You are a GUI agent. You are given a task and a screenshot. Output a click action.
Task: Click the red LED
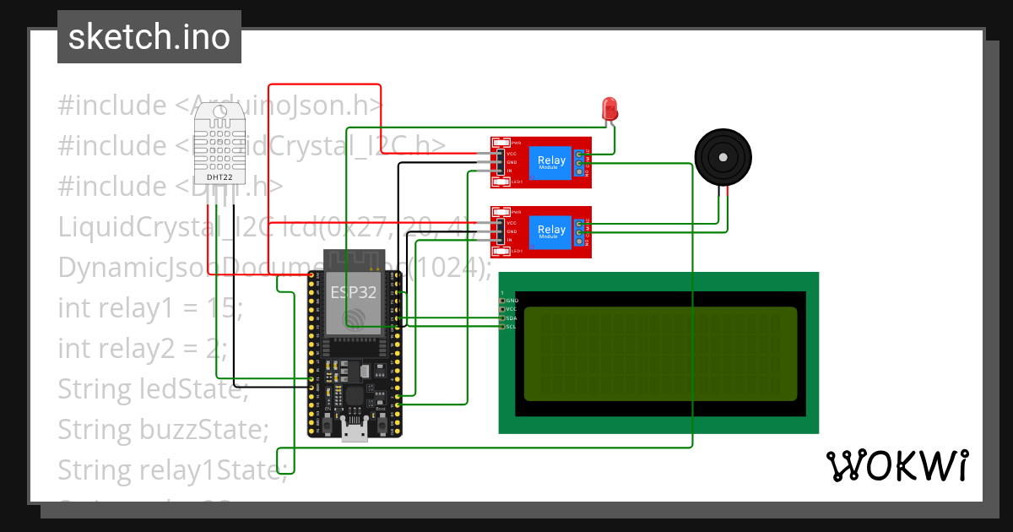609,108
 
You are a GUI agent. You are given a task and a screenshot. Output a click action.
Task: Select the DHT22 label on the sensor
219,178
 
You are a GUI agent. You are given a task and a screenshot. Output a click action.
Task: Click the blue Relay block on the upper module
551,161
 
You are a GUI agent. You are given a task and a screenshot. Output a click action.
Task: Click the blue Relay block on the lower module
551,231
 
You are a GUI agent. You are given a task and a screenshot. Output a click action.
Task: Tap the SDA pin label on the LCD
512,318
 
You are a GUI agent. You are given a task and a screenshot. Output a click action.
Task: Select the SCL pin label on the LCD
512,326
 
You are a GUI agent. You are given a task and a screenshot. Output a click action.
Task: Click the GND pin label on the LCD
512,301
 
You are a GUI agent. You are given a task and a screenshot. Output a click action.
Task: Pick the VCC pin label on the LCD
512,309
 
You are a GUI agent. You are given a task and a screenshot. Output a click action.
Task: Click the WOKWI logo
897,465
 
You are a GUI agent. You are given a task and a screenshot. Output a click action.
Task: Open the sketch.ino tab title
149,37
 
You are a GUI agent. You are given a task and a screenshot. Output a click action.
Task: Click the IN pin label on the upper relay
510,171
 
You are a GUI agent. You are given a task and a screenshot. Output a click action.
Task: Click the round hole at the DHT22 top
220,111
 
